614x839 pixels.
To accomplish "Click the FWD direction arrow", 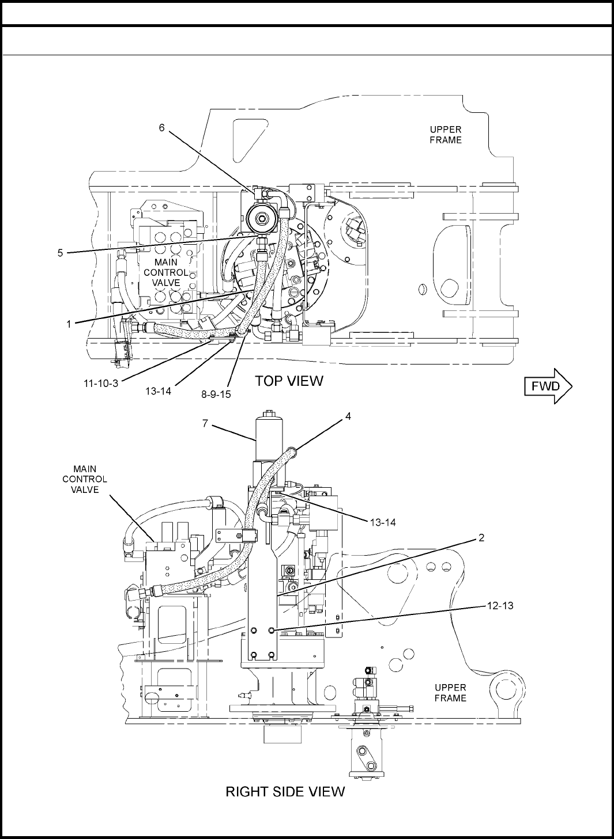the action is point(548,386).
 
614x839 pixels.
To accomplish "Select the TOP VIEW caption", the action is point(289,381).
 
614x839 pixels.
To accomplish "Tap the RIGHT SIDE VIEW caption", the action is point(285,791).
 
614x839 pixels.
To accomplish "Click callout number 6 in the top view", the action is point(161,128).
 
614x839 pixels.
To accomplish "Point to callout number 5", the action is point(60,253).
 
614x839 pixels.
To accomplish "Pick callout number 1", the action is point(69,324).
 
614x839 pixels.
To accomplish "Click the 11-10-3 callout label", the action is point(101,383).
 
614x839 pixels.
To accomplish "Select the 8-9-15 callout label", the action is point(216,394).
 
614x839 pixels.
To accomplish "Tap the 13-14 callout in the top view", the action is point(159,391).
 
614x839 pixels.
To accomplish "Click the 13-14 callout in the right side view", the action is point(383,522).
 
